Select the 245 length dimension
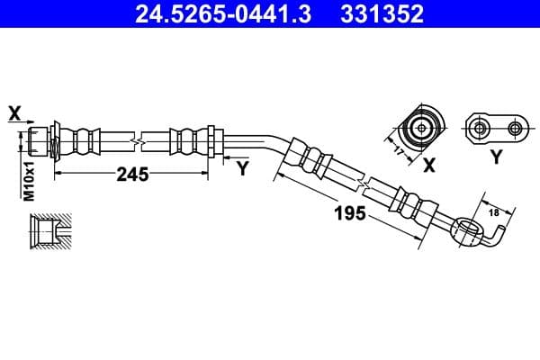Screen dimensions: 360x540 coord(132,175)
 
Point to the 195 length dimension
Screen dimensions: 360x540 coord(350,212)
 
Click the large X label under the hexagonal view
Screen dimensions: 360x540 coord(429,164)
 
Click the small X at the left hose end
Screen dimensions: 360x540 coord(13,112)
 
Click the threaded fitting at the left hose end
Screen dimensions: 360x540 coord(40,141)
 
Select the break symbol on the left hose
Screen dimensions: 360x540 coord(135,141)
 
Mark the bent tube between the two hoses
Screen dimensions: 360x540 coord(256,140)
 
